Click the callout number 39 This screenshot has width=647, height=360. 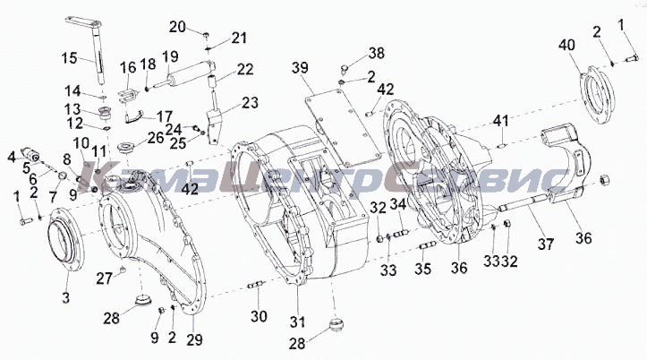tap(299, 68)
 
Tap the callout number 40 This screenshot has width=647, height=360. tap(567, 45)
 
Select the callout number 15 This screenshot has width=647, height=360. tap(70, 58)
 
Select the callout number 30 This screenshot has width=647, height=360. tap(259, 316)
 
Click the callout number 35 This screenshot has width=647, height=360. tap(423, 269)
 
